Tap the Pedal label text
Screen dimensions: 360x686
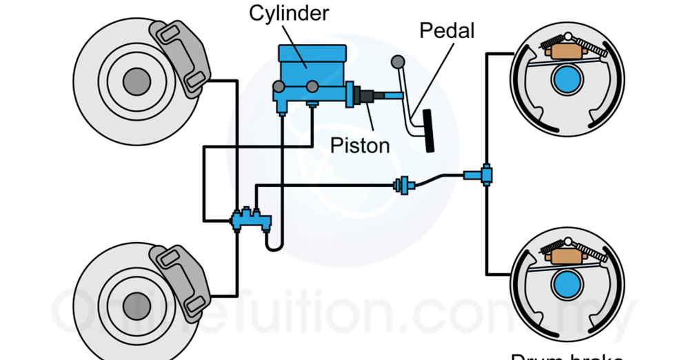point(447,31)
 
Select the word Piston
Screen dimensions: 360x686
point(359,145)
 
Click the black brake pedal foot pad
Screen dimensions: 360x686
point(430,131)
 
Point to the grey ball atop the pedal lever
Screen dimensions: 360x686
point(396,62)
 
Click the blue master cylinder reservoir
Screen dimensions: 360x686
point(312,58)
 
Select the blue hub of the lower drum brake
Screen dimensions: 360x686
point(566,283)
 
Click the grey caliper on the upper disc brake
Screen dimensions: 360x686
point(180,55)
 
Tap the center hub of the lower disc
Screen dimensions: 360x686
point(137,304)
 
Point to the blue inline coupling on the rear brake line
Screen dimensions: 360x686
point(403,184)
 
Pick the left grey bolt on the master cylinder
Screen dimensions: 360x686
point(279,87)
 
